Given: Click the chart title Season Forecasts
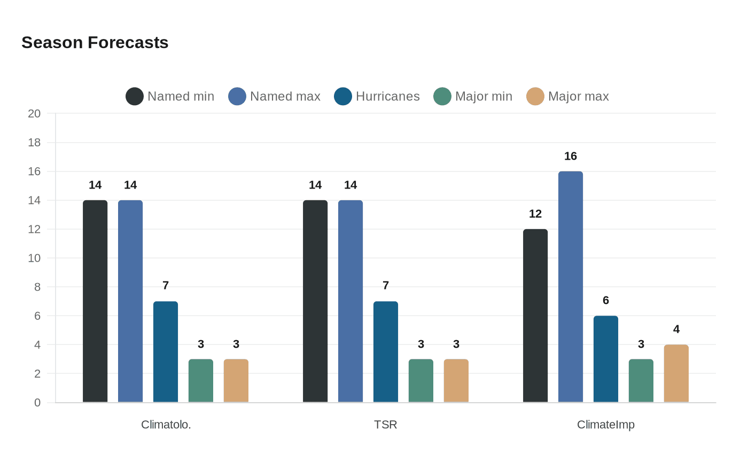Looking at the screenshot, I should (x=95, y=43).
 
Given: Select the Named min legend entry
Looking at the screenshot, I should (x=170, y=97).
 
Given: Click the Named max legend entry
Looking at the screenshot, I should (x=274, y=97).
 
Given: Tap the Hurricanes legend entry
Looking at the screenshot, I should (x=377, y=97).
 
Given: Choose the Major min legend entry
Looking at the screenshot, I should (x=473, y=97).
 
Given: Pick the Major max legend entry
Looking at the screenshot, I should (x=567, y=97).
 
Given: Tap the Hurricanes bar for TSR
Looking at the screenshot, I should (x=386, y=352).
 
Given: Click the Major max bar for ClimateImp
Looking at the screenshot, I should (x=676, y=373).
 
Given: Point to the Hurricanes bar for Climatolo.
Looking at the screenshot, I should (x=166, y=352).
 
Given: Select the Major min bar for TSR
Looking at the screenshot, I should (x=421, y=381).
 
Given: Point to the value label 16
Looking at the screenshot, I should (x=571, y=156).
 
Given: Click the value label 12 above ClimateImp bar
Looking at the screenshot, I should (x=535, y=214).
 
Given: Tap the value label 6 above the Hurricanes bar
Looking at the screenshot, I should (x=606, y=301).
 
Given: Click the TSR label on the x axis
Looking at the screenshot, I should (x=386, y=425).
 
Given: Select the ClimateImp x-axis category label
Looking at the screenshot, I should (x=606, y=425).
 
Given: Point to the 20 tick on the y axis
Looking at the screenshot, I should (x=34, y=114).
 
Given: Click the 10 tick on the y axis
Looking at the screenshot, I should (x=34, y=258).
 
